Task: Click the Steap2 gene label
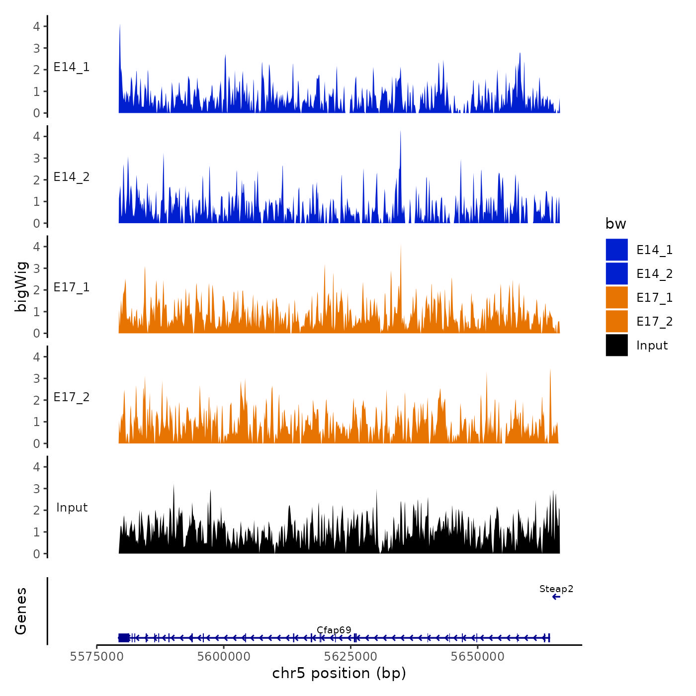556,589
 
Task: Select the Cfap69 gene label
334,630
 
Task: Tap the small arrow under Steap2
556,597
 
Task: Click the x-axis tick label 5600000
224,657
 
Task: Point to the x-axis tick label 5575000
97,657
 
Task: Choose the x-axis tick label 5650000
477,657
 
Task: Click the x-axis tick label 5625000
351,657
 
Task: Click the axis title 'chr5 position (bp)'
339,673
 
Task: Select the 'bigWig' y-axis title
21,287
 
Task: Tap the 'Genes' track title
21,611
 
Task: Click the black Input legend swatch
616,345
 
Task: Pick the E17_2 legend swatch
616,321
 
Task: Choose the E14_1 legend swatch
616,250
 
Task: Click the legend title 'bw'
615,224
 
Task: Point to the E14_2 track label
72,177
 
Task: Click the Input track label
72,508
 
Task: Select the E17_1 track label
72,287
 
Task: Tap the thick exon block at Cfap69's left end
124,638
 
